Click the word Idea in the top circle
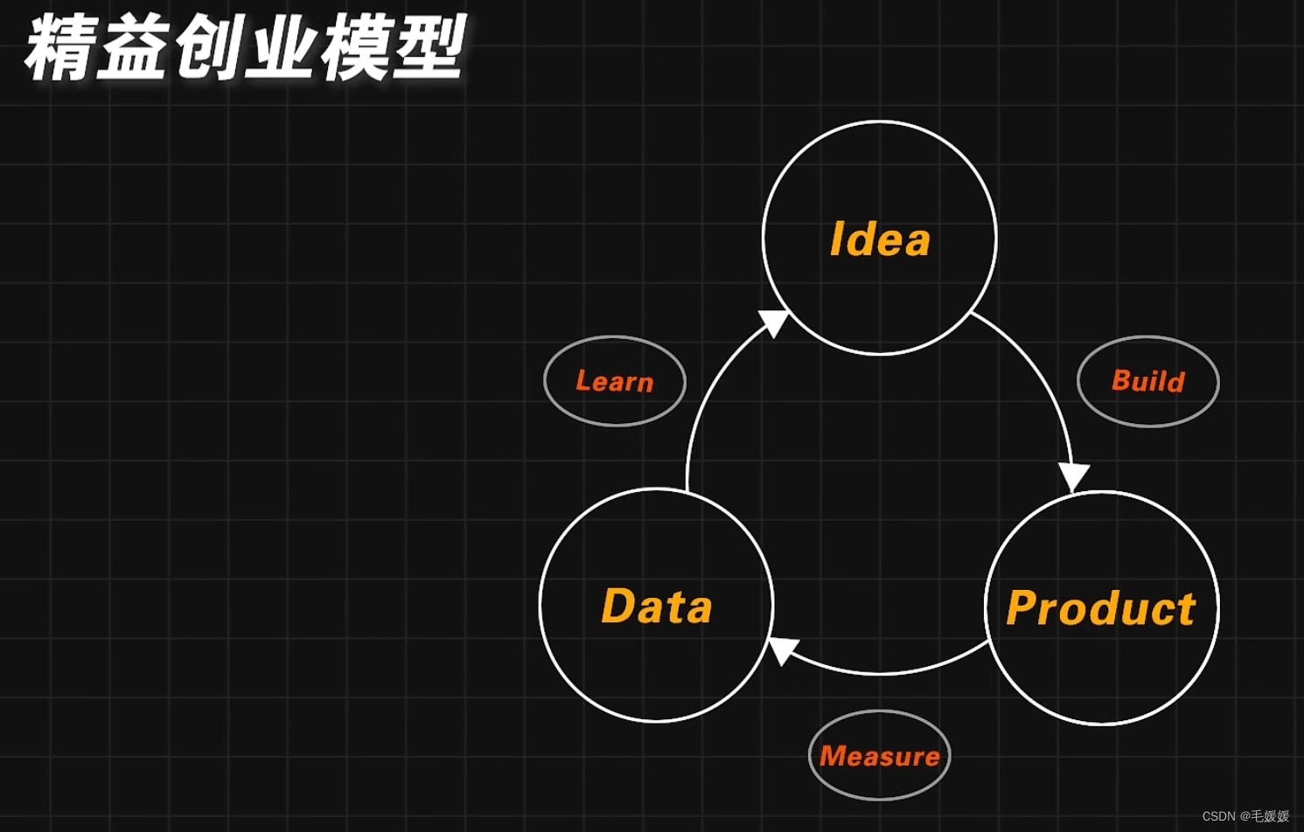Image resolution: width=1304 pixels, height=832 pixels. pyautogui.click(x=880, y=239)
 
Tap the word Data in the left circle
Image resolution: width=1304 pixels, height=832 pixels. pyautogui.click(x=657, y=607)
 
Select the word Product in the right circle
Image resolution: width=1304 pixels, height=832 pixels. pyautogui.click(x=1101, y=608)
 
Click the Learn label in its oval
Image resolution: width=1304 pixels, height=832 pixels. pyautogui.click(x=615, y=381)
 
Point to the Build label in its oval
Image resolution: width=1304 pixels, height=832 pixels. pyautogui.click(x=1148, y=381)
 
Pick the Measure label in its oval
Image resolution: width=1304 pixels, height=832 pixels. pyautogui.click(x=880, y=756)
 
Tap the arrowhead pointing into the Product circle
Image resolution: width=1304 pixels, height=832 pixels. pyautogui.click(x=1074, y=476)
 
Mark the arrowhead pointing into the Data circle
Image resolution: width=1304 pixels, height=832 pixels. pyautogui.click(x=782, y=649)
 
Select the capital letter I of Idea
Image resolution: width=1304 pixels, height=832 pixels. pyautogui.click(x=837, y=239)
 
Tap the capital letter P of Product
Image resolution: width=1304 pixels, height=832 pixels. pyautogui.click(x=1023, y=608)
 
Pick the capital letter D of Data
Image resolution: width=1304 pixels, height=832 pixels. pyautogui.click(x=618, y=607)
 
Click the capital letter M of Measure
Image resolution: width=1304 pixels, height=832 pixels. pyautogui.click(x=833, y=756)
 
